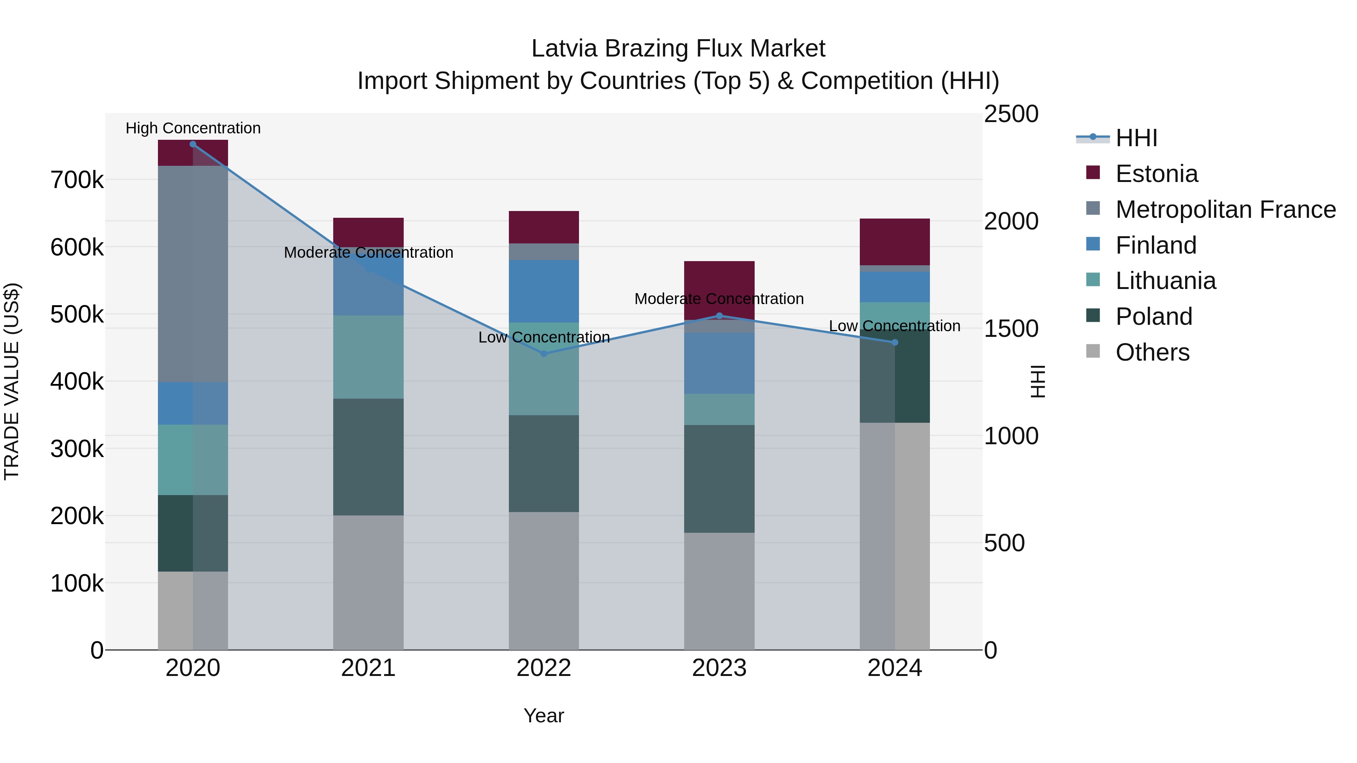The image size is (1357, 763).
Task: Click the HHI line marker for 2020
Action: tap(193, 144)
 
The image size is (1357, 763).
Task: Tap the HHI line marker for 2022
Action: tap(544, 353)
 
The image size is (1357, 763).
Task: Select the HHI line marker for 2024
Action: tap(894, 342)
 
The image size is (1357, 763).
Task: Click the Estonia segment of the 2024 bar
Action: tap(894, 242)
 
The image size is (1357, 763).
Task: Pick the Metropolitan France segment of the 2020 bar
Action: tap(193, 274)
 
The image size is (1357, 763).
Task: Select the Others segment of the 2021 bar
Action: tap(368, 582)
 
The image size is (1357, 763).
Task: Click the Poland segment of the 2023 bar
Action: tap(719, 479)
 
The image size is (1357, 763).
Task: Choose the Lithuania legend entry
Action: tap(1165, 281)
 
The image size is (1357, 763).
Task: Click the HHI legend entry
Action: tap(1136, 138)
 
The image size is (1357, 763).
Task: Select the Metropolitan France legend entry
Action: tap(1225, 209)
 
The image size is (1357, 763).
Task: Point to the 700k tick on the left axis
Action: tap(77, 180)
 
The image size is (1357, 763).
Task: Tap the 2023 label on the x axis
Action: tap(719, 668)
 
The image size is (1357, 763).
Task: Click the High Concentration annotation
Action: tap(193, 128)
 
